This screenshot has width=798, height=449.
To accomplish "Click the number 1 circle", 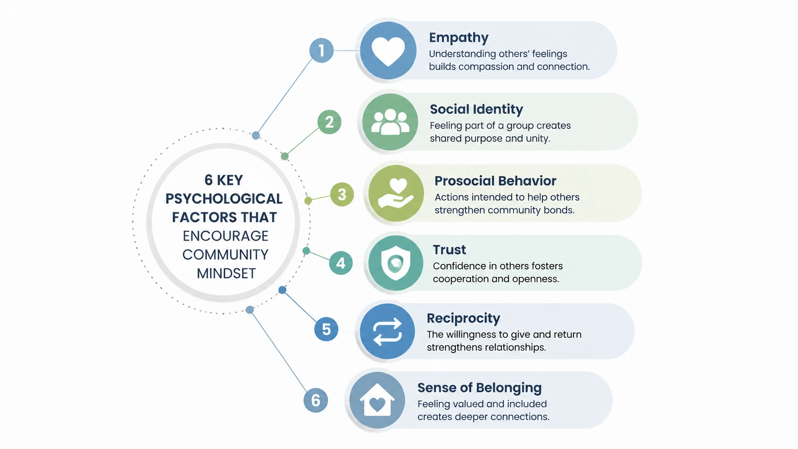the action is (x=321, y=50).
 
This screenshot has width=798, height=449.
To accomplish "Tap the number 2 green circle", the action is (x=329, y=122).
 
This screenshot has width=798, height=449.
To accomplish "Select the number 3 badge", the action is (x=342, y=194).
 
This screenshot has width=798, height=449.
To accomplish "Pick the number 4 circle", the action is (x=341, y=263).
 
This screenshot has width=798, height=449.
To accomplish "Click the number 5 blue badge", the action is (x=326, y=329).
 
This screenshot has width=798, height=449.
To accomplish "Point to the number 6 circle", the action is (x=315, y=400).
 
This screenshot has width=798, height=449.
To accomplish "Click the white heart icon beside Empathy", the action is (x=388, y=52).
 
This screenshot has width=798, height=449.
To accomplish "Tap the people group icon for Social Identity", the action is (x=390, y=122).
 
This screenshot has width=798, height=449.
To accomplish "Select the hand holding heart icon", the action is (x=396, y=193).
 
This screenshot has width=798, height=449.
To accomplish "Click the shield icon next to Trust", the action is (x=396, y=263).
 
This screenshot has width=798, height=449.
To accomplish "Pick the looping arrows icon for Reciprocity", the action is (x=387, y=332).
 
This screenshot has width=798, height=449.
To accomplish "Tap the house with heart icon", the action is (x=377, y=400).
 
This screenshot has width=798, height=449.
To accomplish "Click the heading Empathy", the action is (x=459, y=38).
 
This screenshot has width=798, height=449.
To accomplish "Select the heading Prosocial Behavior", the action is (x=495, y=181).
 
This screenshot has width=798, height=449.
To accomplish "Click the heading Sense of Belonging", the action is (x=480, y=388).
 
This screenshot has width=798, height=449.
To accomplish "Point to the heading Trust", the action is (x=449, y=250).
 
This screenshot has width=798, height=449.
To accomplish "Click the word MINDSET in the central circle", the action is (x=226, y=273).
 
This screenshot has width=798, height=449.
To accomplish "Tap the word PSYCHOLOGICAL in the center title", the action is (x=224, y=198).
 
